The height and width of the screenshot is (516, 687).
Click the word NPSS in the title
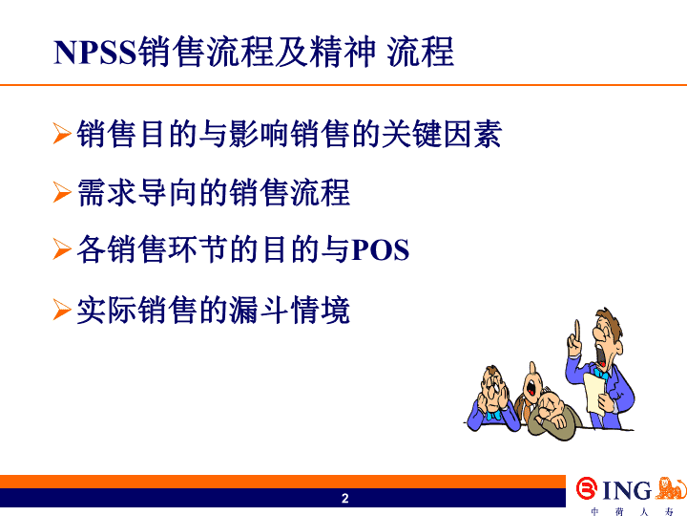point(95,53)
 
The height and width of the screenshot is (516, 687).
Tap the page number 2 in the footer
point(344,498)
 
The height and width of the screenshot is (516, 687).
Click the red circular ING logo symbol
point(587,488)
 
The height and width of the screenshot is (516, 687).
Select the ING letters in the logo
point(627,490)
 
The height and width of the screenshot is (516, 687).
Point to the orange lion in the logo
point(671,487)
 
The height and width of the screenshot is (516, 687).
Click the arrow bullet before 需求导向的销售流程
point(62,193)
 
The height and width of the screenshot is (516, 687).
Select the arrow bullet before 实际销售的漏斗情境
point(62,310)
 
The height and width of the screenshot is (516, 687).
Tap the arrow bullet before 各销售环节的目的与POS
point(62,249)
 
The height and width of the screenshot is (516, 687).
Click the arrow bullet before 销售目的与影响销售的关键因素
point(62,134)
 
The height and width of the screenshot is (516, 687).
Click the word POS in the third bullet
point(381,250)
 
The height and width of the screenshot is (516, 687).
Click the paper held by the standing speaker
point(594,393)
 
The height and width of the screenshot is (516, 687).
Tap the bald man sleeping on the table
point(552,414)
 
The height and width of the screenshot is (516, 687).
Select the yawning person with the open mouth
point(531,387)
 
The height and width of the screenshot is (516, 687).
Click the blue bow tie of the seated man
point(493,415)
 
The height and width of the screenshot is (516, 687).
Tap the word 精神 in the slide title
point(343,53)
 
